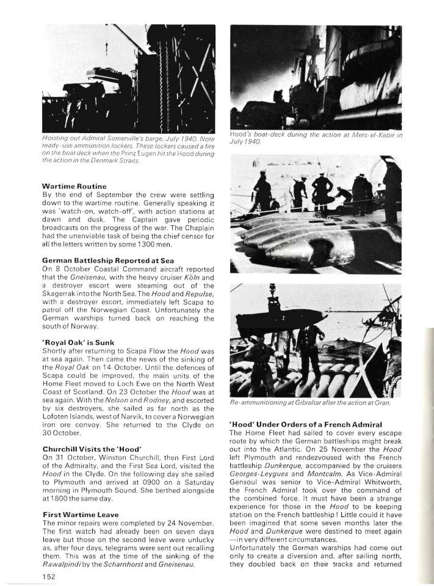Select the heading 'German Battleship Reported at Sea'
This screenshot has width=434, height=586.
(99, 259)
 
